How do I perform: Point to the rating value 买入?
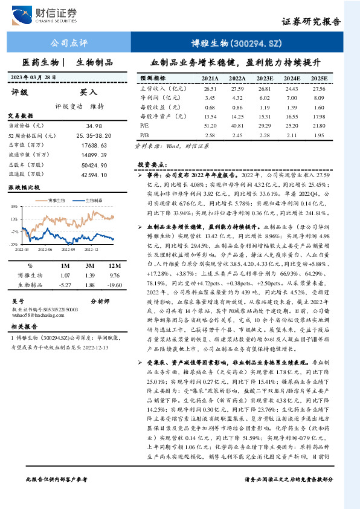click(x=89, y=92)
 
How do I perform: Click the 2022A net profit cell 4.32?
click(x=237, y=97)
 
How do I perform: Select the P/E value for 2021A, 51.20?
click(x=210, y=126)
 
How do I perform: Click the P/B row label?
click(x=144, y=135)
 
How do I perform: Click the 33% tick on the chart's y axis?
click(x=14, y=207)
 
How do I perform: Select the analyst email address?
click(x=37, y=315)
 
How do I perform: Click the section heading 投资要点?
click(x=152, y=164)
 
